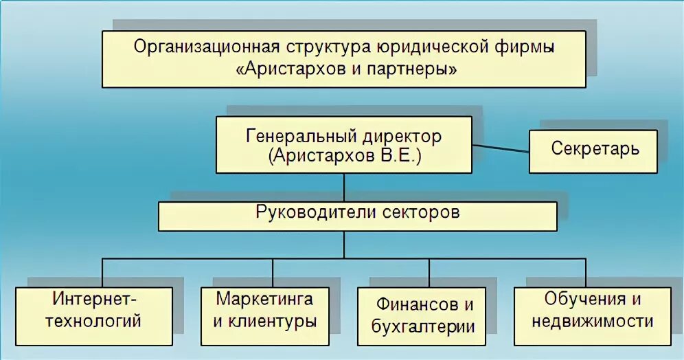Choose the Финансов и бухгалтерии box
[x=423, y=315]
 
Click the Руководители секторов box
[x=357, y=214]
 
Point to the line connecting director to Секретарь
[x=500, y=148]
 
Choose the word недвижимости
[x=592, y=321]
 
